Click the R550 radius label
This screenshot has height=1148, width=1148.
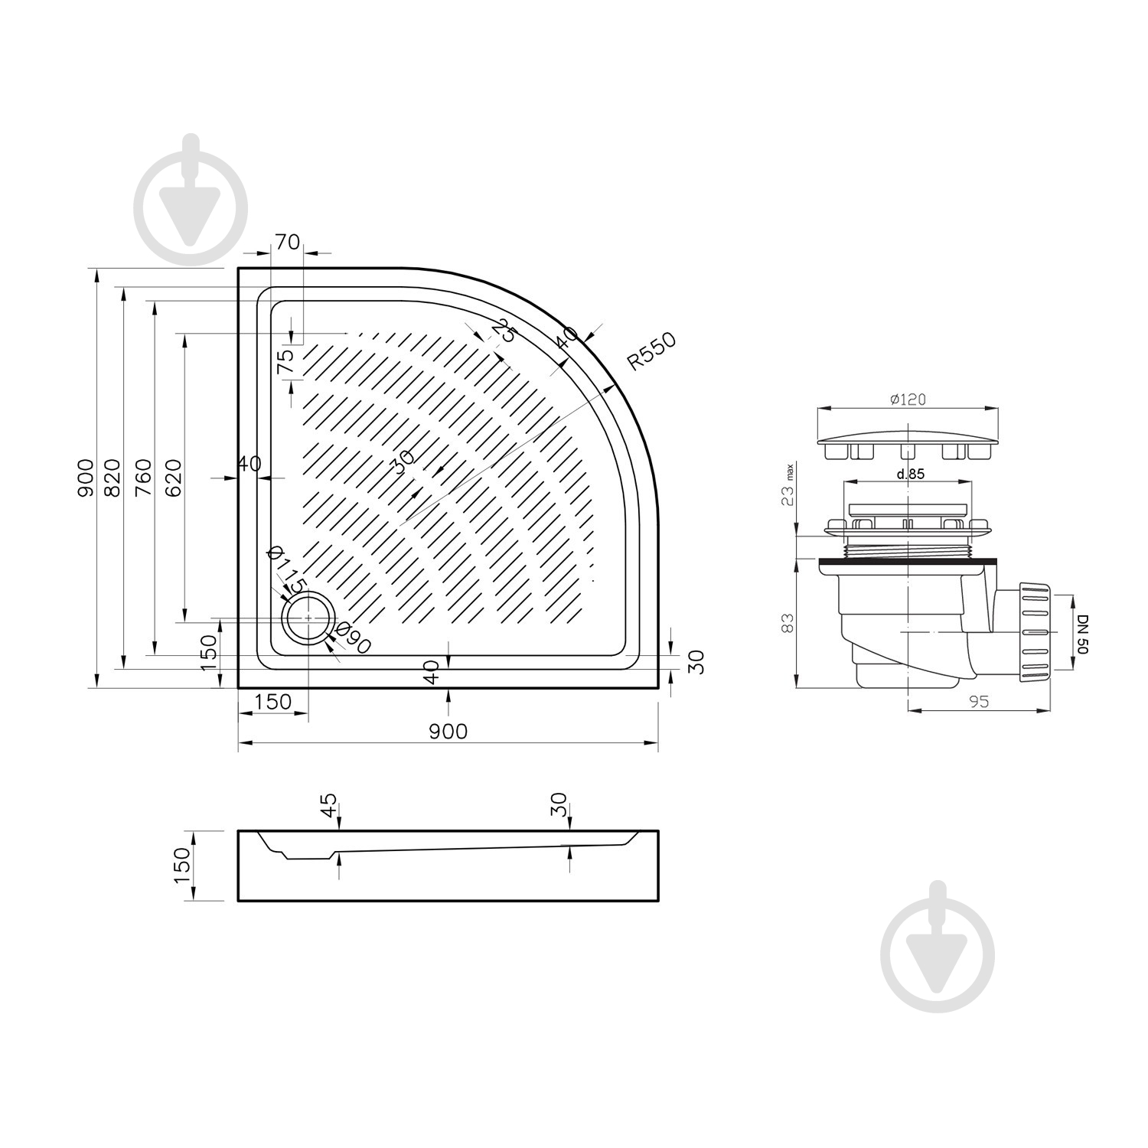pyautogui.click(x=651, y=352)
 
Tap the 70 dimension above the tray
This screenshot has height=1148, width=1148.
pyautogui.click(x=287, y=242)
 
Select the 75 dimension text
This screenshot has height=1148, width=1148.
pyautogui.click(x=285, y=361)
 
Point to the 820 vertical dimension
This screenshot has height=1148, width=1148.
pyautogui.click(x=112, y=478)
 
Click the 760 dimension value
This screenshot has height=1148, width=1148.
pyautogui.click(x=143, y=478)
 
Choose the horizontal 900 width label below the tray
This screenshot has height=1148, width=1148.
pyautogui.click(x=448, y=732)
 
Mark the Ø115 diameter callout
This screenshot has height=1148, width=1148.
pyautogui.click(x=288, y=569)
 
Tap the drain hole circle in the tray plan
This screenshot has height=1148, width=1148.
pyautogui.click(x=308, y=618)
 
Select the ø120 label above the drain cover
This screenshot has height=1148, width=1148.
pyautogui.click(x=908, y=399)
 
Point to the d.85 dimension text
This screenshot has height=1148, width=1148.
pyautogui.click(x=911, y=474)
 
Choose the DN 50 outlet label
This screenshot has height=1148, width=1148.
pyautogui.click(x=1082, y=632)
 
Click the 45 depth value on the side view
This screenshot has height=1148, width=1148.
pyautogui.click(x=328, y=804)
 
